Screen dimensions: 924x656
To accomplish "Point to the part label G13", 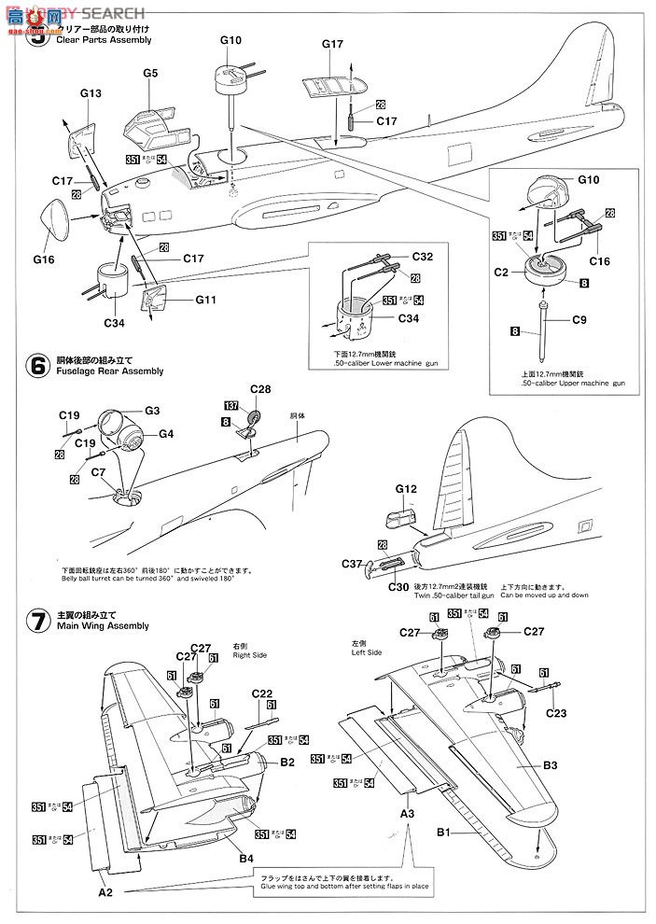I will (x=91, y=93).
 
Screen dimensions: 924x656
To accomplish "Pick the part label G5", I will (x=150, y=73).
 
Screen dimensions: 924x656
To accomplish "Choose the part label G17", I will (x=333, y=44).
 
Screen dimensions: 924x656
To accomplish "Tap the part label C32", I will (x=422, y=256).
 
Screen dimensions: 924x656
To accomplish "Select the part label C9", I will (x=579, y=319).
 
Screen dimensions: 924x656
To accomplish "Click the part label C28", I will (x=260, y=388).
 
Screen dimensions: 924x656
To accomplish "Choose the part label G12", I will (x=404, y=487).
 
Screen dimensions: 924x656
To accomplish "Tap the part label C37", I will (x=352, y=563).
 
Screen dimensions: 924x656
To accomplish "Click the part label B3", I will (x=550, y=765).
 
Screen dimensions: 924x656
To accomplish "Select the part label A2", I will (x=105, y=891).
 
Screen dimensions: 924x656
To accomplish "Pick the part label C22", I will (x=261, y=693).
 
